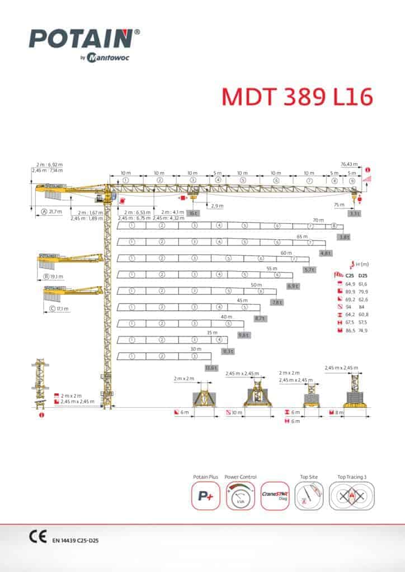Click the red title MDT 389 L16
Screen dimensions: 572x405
point(296,96)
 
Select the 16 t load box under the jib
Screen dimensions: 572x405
point(194,213)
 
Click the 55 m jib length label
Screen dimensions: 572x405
point(272,269)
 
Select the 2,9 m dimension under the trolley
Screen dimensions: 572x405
point(218,206)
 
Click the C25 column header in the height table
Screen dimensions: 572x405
point(350,275)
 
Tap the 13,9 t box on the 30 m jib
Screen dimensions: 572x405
point(211,368)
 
